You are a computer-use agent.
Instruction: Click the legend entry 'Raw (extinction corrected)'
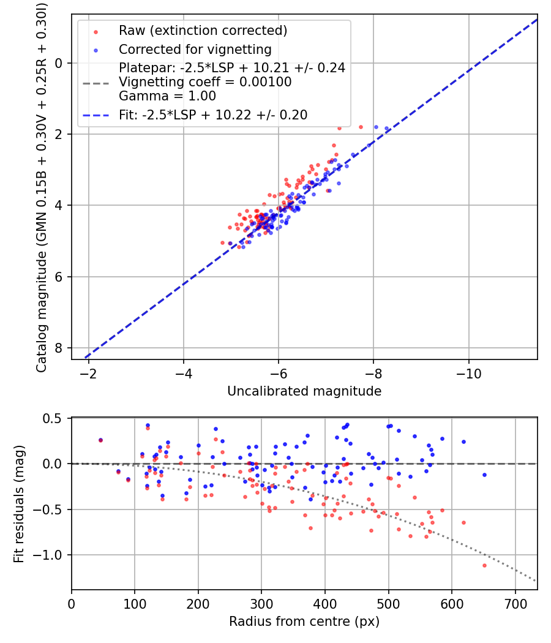[203, 31]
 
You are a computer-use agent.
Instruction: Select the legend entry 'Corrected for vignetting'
[195, 49]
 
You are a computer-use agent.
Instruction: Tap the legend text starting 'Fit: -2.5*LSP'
[213, 115]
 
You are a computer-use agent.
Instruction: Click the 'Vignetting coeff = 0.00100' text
[205, 82]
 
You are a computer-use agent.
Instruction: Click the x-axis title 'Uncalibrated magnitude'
[304, 391]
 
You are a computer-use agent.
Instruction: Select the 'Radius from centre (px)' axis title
[304, 622]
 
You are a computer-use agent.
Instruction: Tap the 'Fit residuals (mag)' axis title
[20, 504]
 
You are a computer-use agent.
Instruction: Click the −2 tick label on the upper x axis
[88, 373]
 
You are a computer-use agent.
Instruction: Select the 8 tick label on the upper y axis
[59, 348]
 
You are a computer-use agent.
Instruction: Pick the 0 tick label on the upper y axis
[59, 63]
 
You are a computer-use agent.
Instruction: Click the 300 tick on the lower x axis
[261, 603]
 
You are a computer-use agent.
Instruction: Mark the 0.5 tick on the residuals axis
[54, 418]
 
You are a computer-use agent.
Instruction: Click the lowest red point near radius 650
[484, 565]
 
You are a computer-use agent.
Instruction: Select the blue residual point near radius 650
[484, 475]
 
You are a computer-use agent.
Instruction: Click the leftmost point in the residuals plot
[100, 440]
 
